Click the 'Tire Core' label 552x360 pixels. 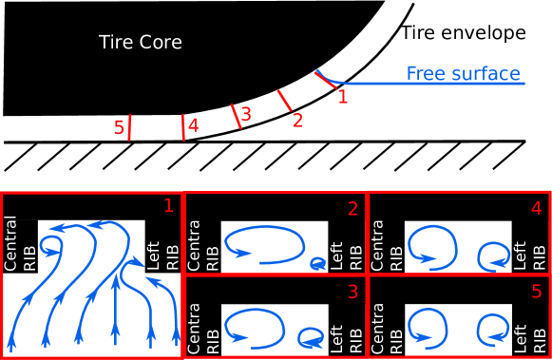coord(140,43)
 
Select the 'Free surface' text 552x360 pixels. coord(463,73)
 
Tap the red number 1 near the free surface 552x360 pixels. coord(343,97)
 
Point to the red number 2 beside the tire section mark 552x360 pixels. coord(297,121)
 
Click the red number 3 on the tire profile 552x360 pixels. coord(246,114)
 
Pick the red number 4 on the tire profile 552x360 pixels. coord(193,125)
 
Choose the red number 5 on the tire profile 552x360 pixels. coord(119,128)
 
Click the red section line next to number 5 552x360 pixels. coord(129,128)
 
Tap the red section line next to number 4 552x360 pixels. coord(183,127)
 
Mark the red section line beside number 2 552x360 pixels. coord(284,101)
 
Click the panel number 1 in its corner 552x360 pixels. coord(168,205)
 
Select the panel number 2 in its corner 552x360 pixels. coord(352,209)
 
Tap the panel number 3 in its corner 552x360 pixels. coord(352,292)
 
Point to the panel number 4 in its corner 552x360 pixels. coord(537,207)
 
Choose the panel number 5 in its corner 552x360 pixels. coord(537,291)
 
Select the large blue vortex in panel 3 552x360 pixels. coord(255,328)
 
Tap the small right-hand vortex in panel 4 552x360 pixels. coord(494,255)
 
